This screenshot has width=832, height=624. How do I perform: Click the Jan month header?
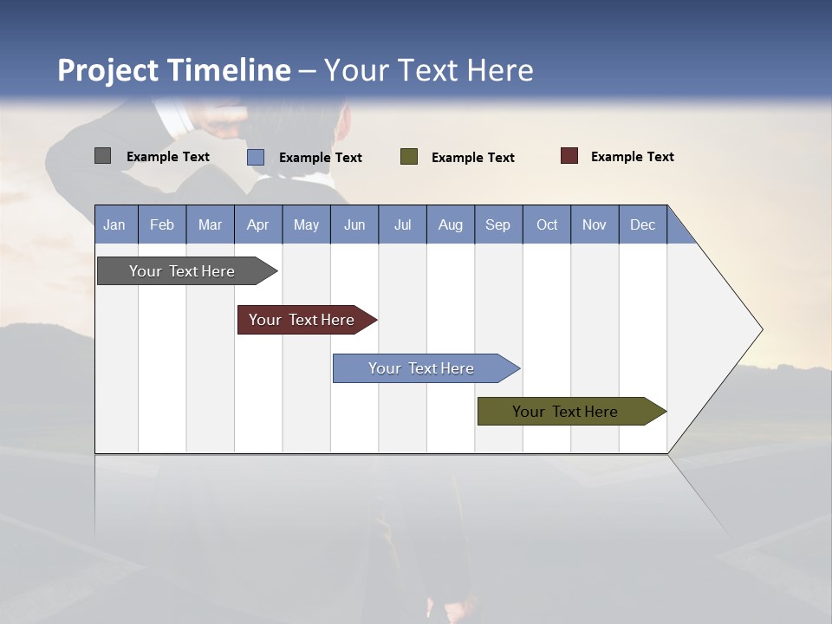coord(114,224)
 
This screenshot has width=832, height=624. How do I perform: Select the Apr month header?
coord(257,224)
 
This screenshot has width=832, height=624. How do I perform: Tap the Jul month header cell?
coord(402,224)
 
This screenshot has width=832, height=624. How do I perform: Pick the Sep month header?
coord(497,224)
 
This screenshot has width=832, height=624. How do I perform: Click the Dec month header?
coord(642,224)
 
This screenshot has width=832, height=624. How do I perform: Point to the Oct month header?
coord(546,224)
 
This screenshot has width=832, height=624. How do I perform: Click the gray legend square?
coord(102,156)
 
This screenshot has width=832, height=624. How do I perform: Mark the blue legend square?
coord(256,157)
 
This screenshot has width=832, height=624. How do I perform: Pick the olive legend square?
coord(409,156)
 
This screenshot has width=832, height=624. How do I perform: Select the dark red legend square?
coord(569,156)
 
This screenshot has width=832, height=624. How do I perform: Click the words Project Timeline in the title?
coord(173,70)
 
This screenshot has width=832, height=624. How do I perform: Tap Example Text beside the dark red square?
coord(632,157)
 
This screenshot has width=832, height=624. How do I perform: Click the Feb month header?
coord(162,224)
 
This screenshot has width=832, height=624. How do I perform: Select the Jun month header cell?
coord(354,224)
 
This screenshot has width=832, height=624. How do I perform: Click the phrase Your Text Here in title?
coord(428,70)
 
